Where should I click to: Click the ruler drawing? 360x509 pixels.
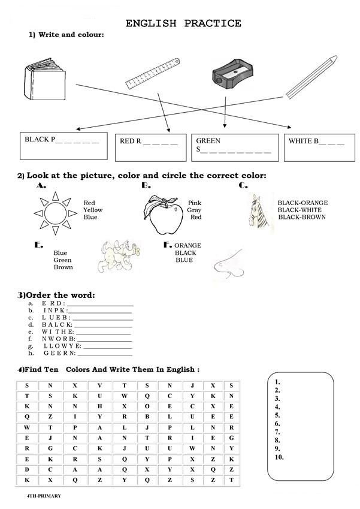pyautogui.click(x=154, y=74)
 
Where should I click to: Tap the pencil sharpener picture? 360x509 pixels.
pyautogui.click(x=229, y=73)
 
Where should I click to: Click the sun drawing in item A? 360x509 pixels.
pyautogui.click(x=55, y=213)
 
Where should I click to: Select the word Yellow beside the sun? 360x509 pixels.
pyautogui.click(x=93, y=210)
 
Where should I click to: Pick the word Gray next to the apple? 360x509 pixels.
pyautogui.click(x=193, y=210)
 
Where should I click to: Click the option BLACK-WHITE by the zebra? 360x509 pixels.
pyautogui.click(x=300, y=210)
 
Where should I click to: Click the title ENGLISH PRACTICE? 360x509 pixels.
pyautogui.click(x=183, y=23)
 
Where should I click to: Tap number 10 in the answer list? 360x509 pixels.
pyautogui.click(x=279, y=457)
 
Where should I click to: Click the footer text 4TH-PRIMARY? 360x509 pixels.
pyautogui.click(x=44, y=496)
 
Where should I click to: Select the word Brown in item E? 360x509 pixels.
pyautogui.click(x=63, y=267)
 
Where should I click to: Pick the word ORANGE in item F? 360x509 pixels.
pyautogui.click(x=187, y=245)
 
